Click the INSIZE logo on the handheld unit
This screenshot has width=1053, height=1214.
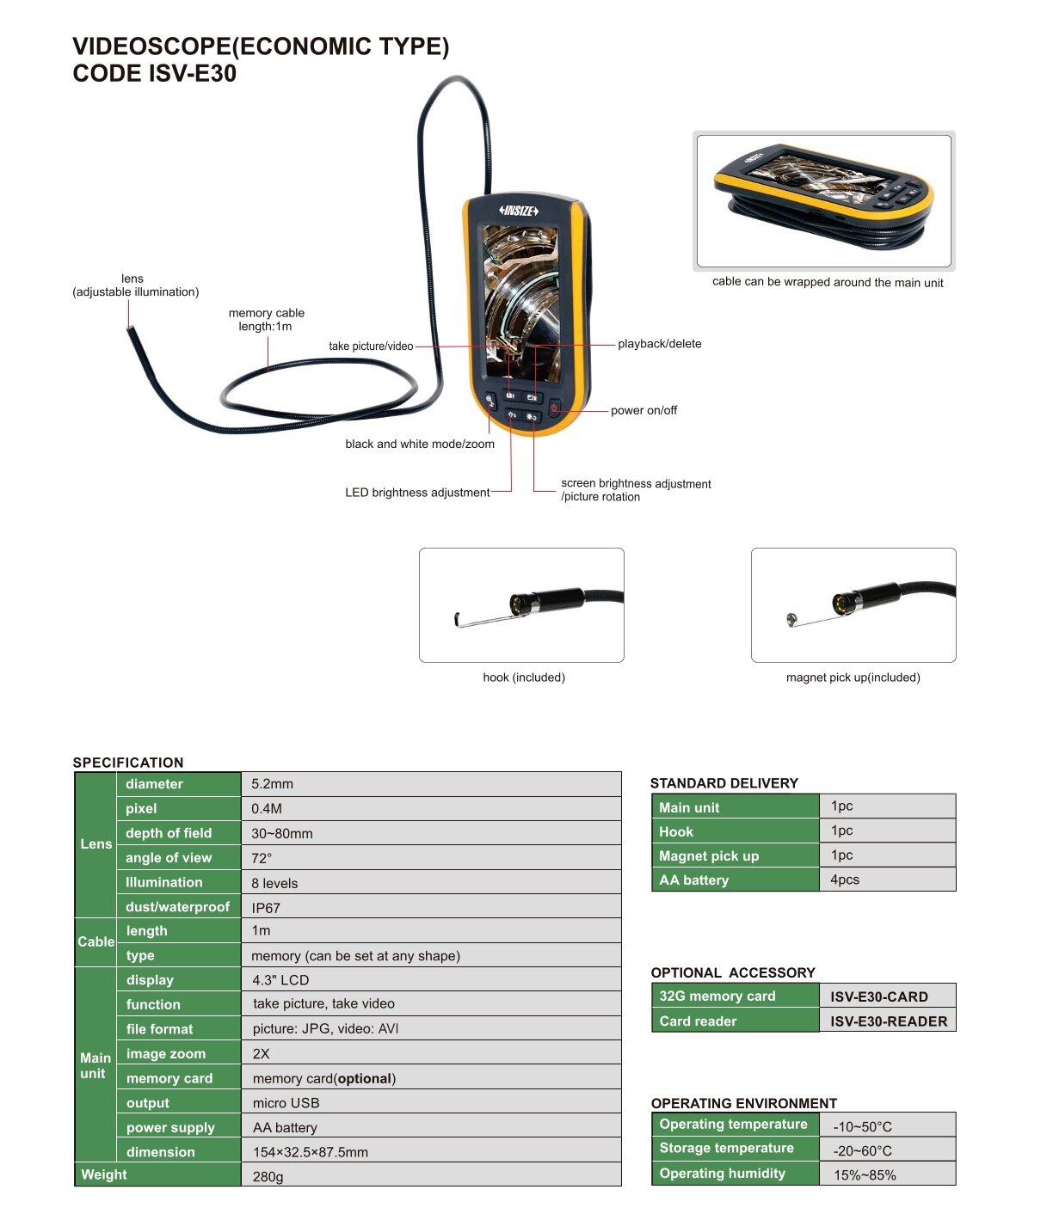[518, 211]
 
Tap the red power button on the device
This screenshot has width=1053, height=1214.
[554, 407]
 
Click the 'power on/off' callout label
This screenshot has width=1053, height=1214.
[643, 410]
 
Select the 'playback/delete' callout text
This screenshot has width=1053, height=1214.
[659, 344]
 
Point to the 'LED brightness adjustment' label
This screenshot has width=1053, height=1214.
[417, 492]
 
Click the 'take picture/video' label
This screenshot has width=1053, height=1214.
[371, 346]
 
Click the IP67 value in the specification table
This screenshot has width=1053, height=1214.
[266, 908]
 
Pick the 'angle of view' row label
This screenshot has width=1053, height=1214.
[169, 857]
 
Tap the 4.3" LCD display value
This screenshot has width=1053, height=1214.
[280, 979]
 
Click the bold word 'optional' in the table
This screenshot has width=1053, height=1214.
[365, 1078]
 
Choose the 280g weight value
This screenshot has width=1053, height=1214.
[268, 1176]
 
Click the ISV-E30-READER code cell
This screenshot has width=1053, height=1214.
[889, 1021]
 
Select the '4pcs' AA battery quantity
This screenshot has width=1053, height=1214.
[845, 880]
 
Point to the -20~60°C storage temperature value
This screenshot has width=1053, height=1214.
[862, 1150]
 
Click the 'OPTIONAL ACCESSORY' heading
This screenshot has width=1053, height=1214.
[733, 972]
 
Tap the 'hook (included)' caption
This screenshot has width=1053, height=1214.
[524, 678]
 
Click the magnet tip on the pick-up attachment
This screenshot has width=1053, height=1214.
[791, 618]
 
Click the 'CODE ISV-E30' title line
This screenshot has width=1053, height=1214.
[155, 73]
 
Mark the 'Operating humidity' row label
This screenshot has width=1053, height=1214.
[722, 1173]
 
